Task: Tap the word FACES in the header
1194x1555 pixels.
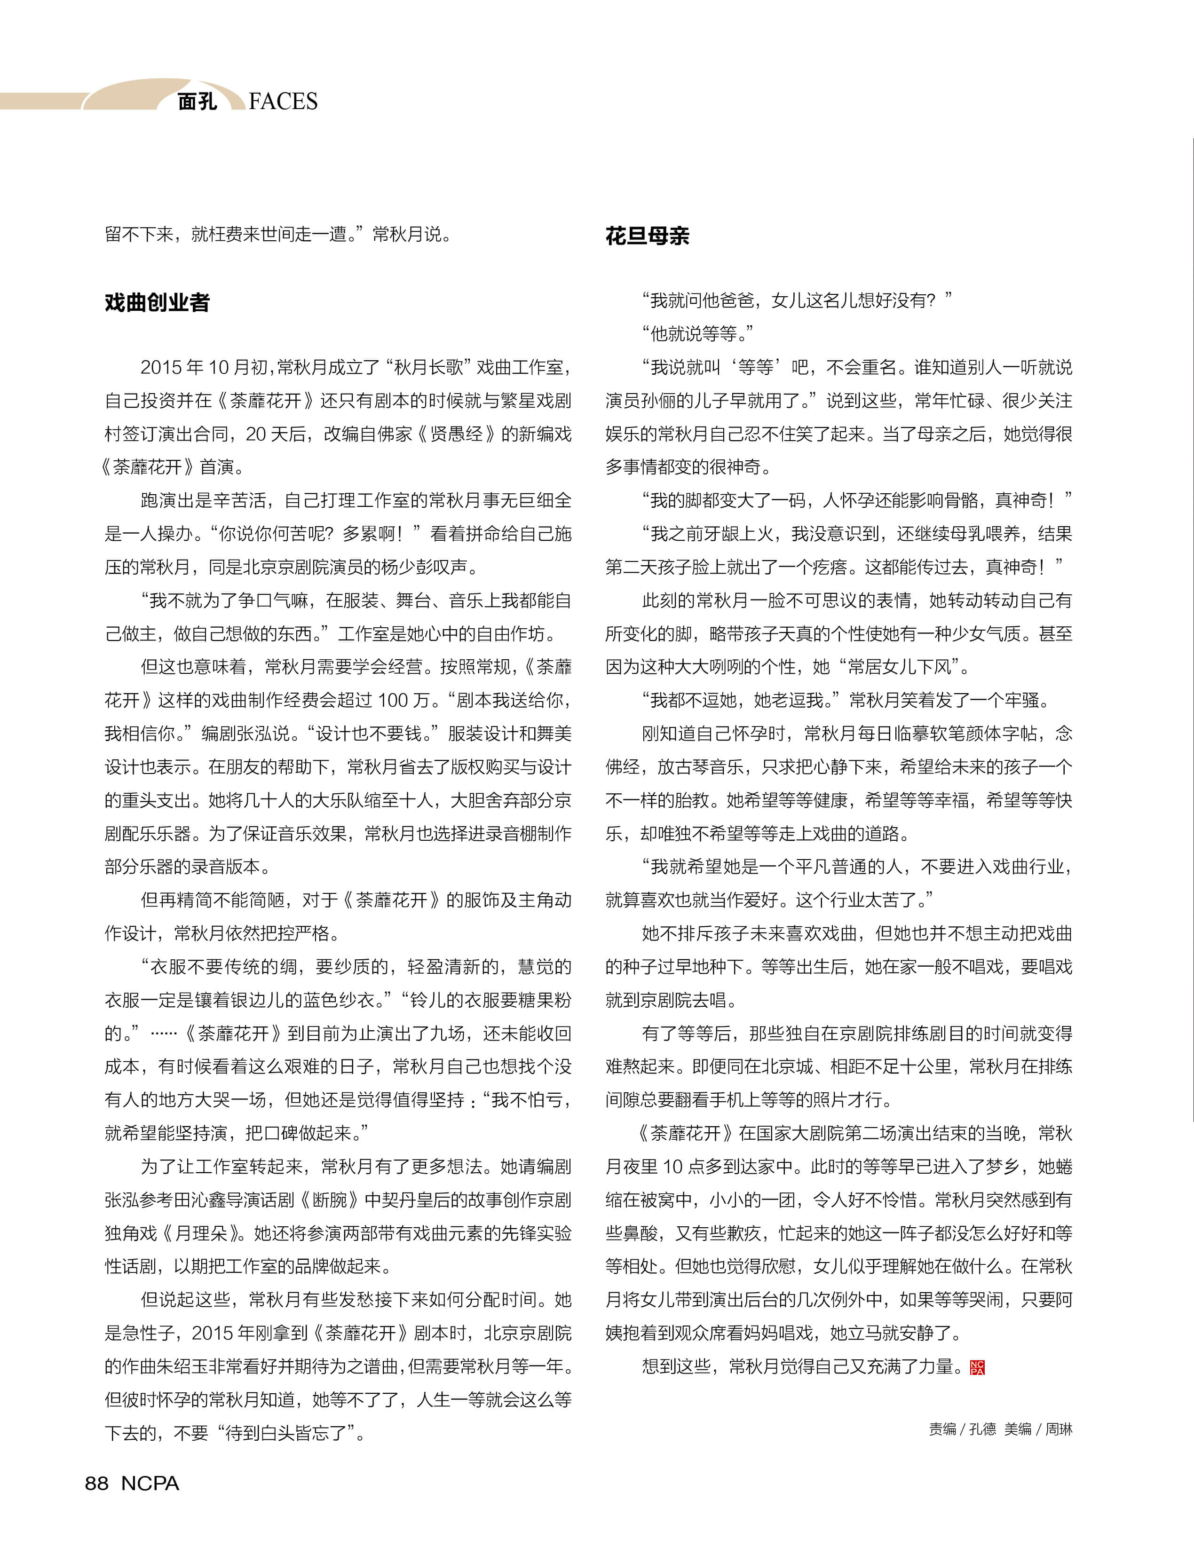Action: point(283,102)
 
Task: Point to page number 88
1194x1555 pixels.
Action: point(97,1483)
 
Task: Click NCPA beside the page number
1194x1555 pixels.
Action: point(150,1483)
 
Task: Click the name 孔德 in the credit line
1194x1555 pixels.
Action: point(982,1429)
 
